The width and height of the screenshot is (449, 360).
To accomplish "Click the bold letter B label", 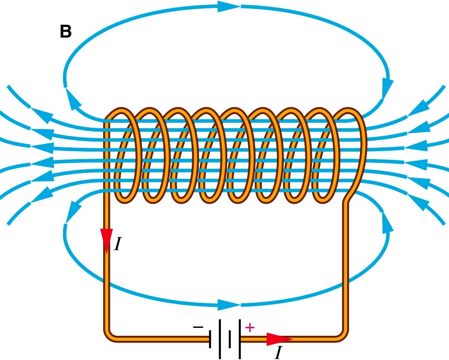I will tap(66, 32).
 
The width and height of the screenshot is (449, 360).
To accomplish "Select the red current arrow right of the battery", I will tap(278, 339).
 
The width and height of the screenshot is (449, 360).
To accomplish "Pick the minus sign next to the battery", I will tap(198, 328).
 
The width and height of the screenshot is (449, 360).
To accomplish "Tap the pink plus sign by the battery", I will tap(249, 327).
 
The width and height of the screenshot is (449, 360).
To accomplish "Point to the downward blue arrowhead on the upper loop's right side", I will tap(388, 88).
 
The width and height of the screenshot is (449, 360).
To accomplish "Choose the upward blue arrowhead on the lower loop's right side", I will tap(388, 223).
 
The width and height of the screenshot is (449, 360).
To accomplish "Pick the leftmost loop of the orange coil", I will tap(125, 155).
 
